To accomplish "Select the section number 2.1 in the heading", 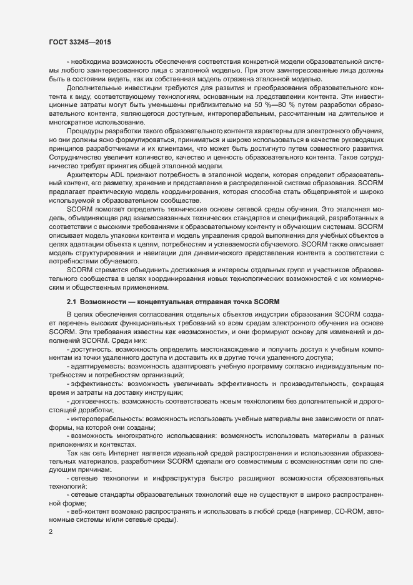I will pyautogui.click(x=72, y=302).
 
